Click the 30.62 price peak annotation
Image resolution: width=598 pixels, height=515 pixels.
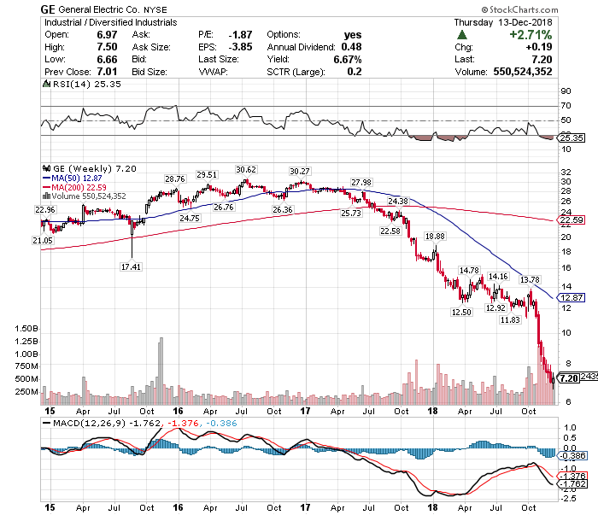pyautogui.click(x=246, y=169)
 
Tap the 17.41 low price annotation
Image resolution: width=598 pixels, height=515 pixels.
pyautogui.click(x=131, y=266)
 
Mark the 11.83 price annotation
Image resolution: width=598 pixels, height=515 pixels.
pyautogui.click(x=510, y=319)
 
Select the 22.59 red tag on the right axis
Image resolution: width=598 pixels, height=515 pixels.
pyautogui.click(x=569, y=220)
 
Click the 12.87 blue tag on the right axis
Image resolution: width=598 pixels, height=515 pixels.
pyautogui.click(x=569, y=297)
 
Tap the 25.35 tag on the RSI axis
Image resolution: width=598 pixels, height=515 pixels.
pyautogui.click(x=569, y=138)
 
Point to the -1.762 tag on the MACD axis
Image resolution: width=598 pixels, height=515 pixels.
pyautogui.click(x=570, y=483)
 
